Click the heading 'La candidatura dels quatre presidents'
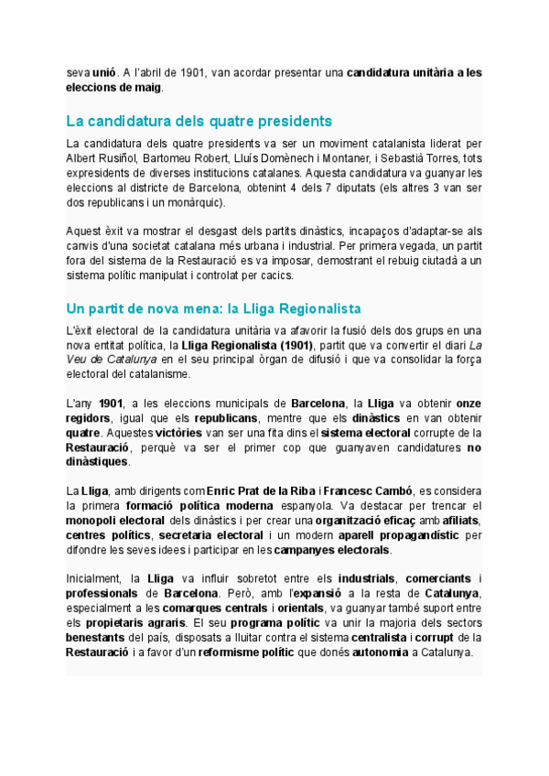pos(199,122)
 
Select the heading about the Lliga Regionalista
pos(214,308)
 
